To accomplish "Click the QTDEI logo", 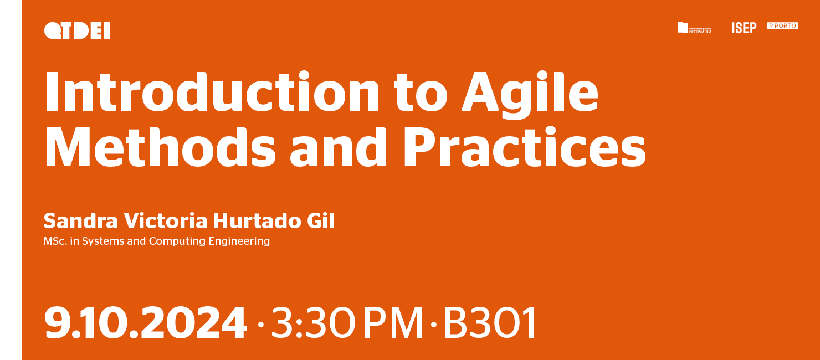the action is point(77,30).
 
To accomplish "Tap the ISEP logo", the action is point(744,28).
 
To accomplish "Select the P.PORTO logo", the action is point(782,25).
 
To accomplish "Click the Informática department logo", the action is point(694,28).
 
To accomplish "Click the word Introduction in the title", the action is point(212,91).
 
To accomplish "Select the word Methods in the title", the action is point(160,147).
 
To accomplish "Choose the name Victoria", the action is point(166,220).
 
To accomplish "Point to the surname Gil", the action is point(320,220).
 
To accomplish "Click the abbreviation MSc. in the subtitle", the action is point(55,241).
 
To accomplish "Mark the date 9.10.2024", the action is point(145,323).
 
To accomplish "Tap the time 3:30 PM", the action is point(347,323).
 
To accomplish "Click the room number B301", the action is point(490,323).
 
